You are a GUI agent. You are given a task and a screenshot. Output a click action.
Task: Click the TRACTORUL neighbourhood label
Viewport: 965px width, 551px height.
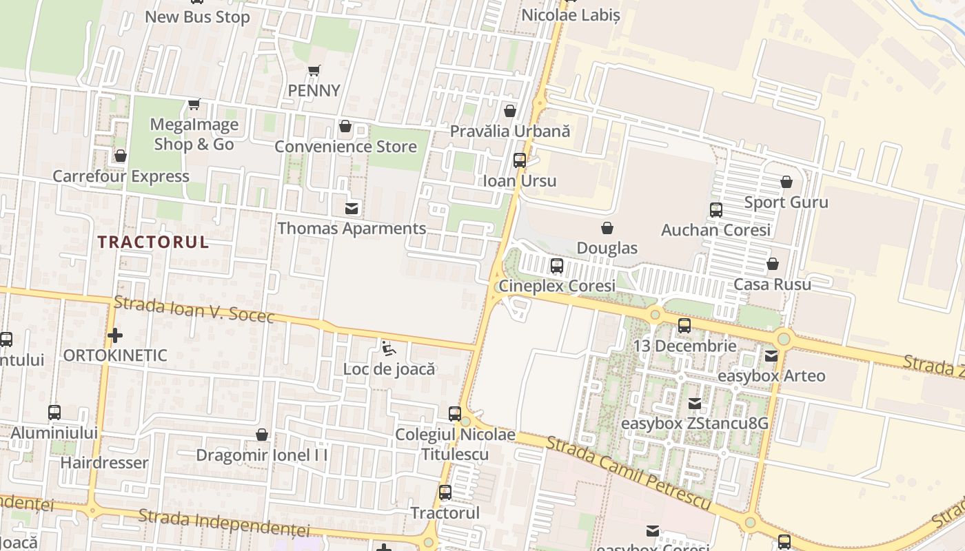152,242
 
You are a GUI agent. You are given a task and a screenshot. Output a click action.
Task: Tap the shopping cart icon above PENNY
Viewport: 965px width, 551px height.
314,70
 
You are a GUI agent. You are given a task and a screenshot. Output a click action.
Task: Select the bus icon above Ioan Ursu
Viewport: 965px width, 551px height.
520,160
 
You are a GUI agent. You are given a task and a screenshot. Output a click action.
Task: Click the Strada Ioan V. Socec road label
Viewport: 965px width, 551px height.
194,309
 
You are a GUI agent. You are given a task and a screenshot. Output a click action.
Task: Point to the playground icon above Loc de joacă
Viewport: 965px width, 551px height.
389,349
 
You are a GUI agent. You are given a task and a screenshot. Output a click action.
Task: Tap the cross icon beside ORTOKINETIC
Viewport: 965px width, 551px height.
115,335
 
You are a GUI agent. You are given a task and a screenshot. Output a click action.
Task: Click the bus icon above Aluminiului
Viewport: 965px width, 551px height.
54,413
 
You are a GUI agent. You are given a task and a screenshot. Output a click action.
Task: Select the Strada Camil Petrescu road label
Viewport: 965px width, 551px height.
628,473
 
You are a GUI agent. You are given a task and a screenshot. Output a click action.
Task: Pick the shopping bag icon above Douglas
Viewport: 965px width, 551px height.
607,228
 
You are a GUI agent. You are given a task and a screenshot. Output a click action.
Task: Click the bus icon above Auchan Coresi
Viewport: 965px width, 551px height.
716,210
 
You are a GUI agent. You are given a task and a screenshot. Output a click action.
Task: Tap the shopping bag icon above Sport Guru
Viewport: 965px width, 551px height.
786,183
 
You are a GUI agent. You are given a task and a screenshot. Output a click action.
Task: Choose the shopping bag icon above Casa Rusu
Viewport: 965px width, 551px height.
773,264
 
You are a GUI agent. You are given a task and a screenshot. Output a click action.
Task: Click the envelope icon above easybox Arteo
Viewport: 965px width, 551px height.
771,356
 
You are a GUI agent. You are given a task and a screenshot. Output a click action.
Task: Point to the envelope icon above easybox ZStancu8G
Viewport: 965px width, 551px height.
695,404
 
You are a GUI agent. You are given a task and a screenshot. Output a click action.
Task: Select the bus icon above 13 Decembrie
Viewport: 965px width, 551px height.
684,326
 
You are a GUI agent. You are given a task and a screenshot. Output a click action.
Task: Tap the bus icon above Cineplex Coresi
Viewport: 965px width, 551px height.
557,265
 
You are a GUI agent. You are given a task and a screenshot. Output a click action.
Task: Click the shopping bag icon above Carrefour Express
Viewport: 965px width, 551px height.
121,156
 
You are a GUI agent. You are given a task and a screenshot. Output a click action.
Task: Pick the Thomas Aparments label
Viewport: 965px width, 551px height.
352,228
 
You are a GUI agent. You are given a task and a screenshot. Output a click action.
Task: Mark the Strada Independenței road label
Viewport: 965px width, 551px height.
224,523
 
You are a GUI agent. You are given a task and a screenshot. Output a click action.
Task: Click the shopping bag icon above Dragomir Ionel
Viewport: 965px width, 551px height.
262,435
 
